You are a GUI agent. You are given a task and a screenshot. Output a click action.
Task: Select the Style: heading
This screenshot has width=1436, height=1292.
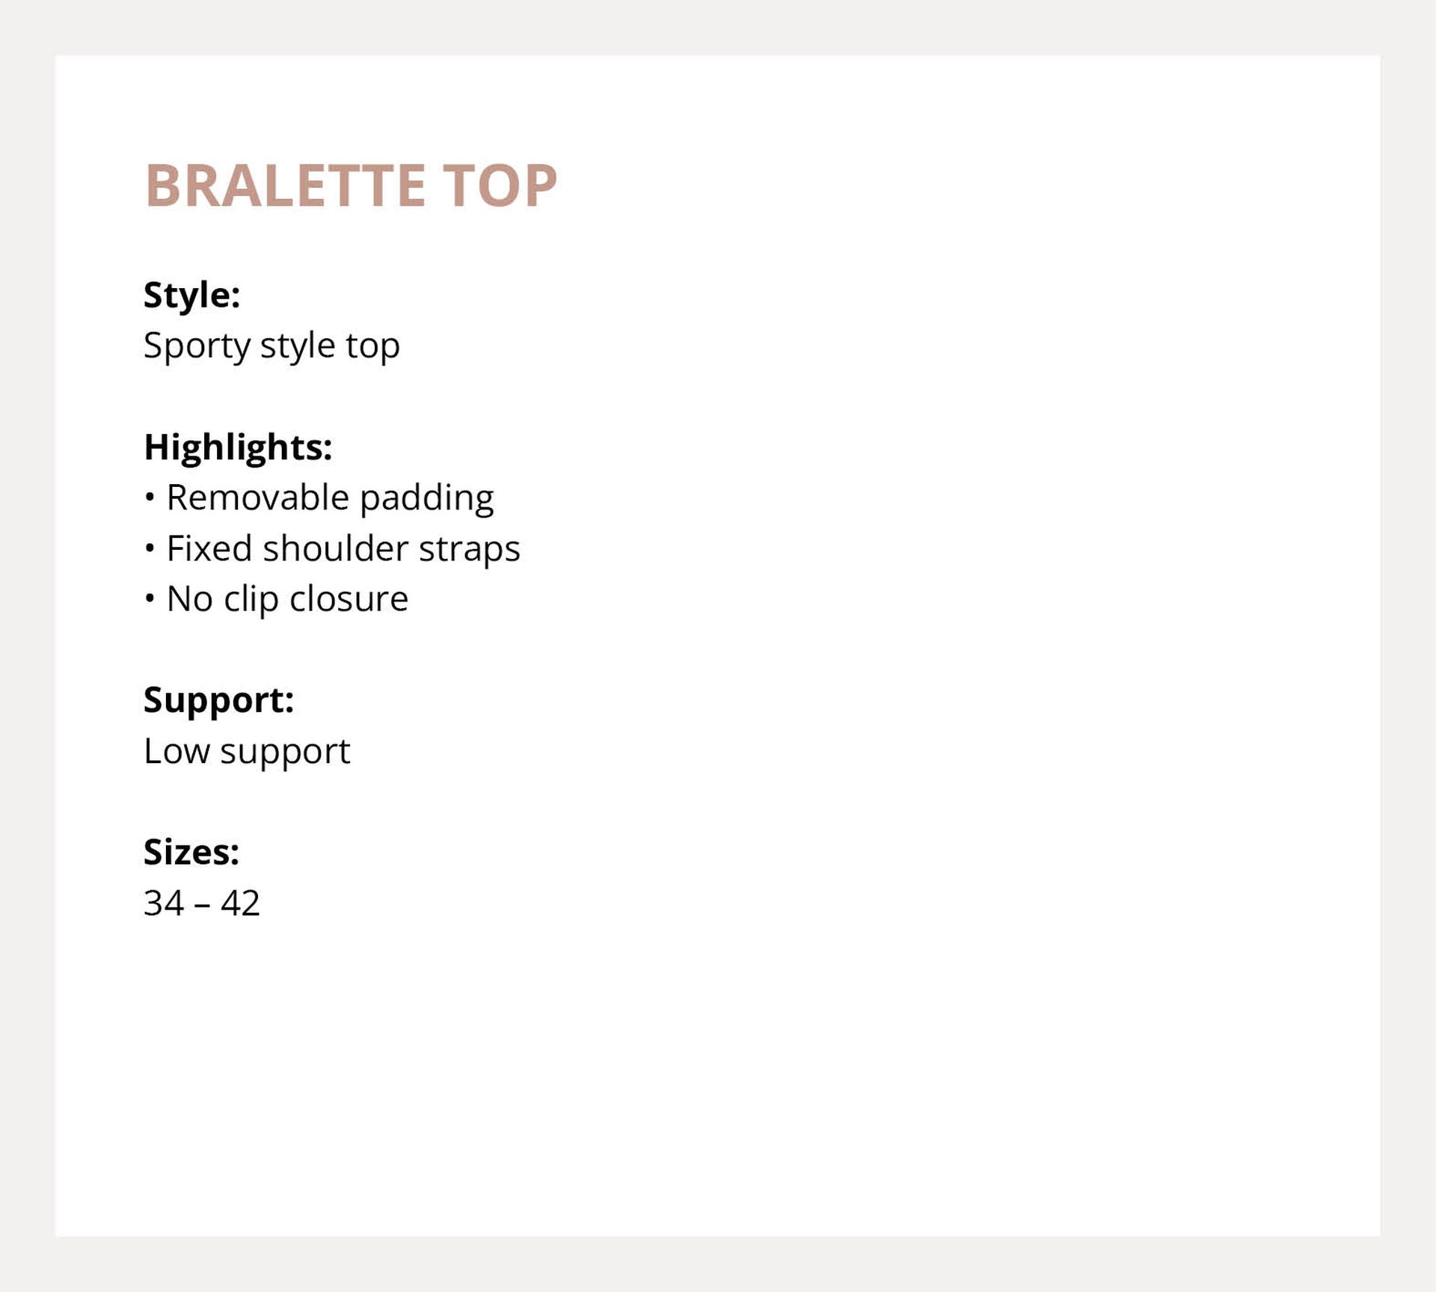191,295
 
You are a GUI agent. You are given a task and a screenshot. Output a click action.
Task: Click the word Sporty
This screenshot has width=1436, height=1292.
197,346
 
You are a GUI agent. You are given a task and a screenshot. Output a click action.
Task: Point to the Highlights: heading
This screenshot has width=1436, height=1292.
238,448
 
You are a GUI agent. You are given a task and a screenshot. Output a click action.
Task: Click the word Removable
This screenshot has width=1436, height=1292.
258,497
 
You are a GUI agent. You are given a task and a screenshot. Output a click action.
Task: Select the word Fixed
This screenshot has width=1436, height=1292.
209,548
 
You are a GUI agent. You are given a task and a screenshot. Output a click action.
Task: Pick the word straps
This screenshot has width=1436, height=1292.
470,550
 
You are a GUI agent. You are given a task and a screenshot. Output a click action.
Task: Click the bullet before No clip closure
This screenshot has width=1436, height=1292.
150,598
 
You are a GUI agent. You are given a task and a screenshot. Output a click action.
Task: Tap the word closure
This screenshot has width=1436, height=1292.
349,598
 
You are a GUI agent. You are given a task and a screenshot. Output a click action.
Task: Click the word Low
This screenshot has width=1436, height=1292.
177,751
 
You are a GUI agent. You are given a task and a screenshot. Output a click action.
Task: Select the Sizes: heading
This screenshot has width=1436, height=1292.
191,852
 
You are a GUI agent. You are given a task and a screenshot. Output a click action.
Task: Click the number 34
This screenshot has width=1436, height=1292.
164,903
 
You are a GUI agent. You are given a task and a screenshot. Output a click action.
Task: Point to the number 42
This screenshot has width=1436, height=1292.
240,903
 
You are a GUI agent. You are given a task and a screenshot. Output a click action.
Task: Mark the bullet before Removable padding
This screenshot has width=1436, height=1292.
150,497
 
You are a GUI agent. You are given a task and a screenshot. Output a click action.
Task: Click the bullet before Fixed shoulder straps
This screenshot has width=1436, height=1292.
150,548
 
